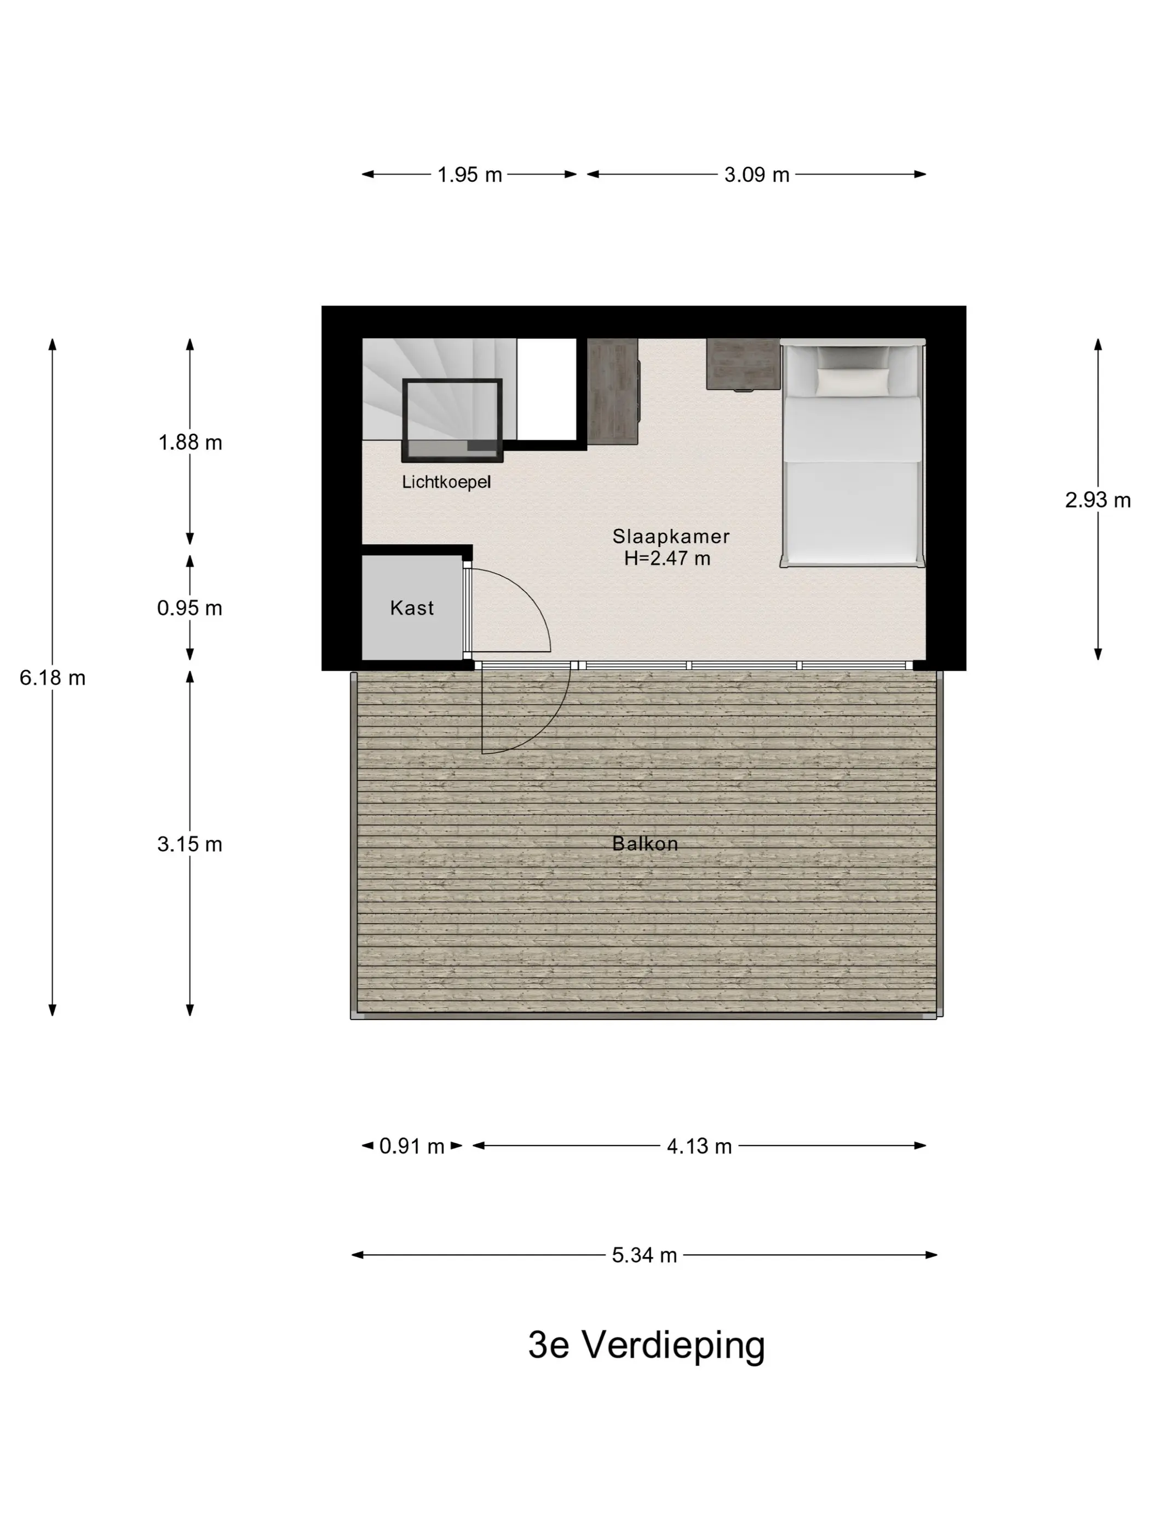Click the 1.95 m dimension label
(x=469, y=175)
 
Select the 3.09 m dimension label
(x=756, y=175)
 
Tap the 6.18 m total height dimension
(x=53, y=677)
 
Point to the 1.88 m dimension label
(x=190, y=442)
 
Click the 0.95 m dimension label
(x=190, y=608)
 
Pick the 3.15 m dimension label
(x=190, y=844)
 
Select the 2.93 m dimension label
(x=1097, y=500)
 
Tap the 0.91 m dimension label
(x=412, y=1146)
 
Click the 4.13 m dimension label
(x=699, y=1146)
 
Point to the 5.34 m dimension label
(x=644, y=1255)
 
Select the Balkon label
(x=645, y=844)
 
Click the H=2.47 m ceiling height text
(x=667, y=558)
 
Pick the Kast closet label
(x=412, y=608)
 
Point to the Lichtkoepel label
(x=446, y=482)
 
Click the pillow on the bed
(x=853, y=381)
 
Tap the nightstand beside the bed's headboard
(x=743, y=365)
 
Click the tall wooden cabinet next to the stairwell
(x=613, y=391)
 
